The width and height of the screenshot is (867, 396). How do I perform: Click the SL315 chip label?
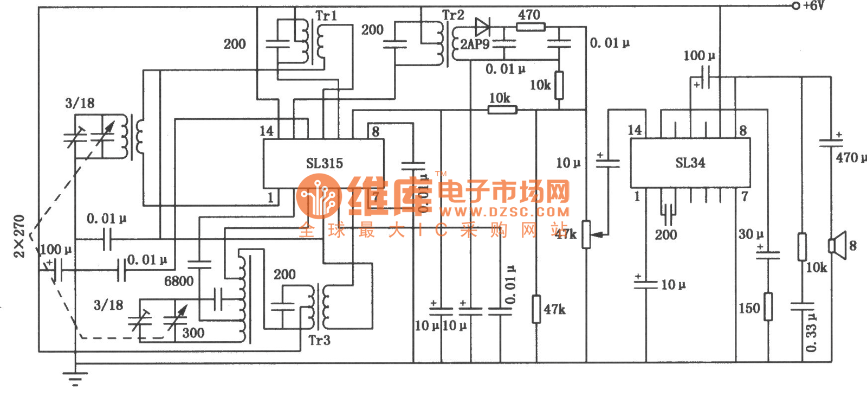[x=324, y=163]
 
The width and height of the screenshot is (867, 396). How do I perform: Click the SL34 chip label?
[x=690, y=163]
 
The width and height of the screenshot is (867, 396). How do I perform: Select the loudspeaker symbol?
[x=838, y=245]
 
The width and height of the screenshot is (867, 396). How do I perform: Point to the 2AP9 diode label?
[x=475, y=44]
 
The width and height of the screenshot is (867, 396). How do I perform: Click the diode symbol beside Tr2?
[x=482, y=26]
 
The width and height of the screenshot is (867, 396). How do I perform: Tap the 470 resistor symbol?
[x=530, y=27]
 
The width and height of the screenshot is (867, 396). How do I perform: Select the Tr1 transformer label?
[x=326, y=16]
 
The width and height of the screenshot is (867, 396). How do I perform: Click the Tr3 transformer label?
[x=319, y=340]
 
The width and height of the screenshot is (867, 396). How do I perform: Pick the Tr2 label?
[x=453, y=15]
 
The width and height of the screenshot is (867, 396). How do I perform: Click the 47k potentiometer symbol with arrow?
[x=586, y=235]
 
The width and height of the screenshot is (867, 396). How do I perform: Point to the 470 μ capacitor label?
[x=851, y=158]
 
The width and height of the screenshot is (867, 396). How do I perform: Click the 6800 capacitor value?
[x=179, y=281]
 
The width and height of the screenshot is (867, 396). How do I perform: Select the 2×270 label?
[x=20, y=236]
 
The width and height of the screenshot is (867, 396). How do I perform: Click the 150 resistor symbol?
[x=768, y=306]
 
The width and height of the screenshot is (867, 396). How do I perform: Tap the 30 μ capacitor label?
[x=751, y=234]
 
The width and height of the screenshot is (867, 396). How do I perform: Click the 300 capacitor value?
[x=193, y=333]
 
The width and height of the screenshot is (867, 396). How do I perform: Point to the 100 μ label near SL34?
[x=699, y=56]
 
